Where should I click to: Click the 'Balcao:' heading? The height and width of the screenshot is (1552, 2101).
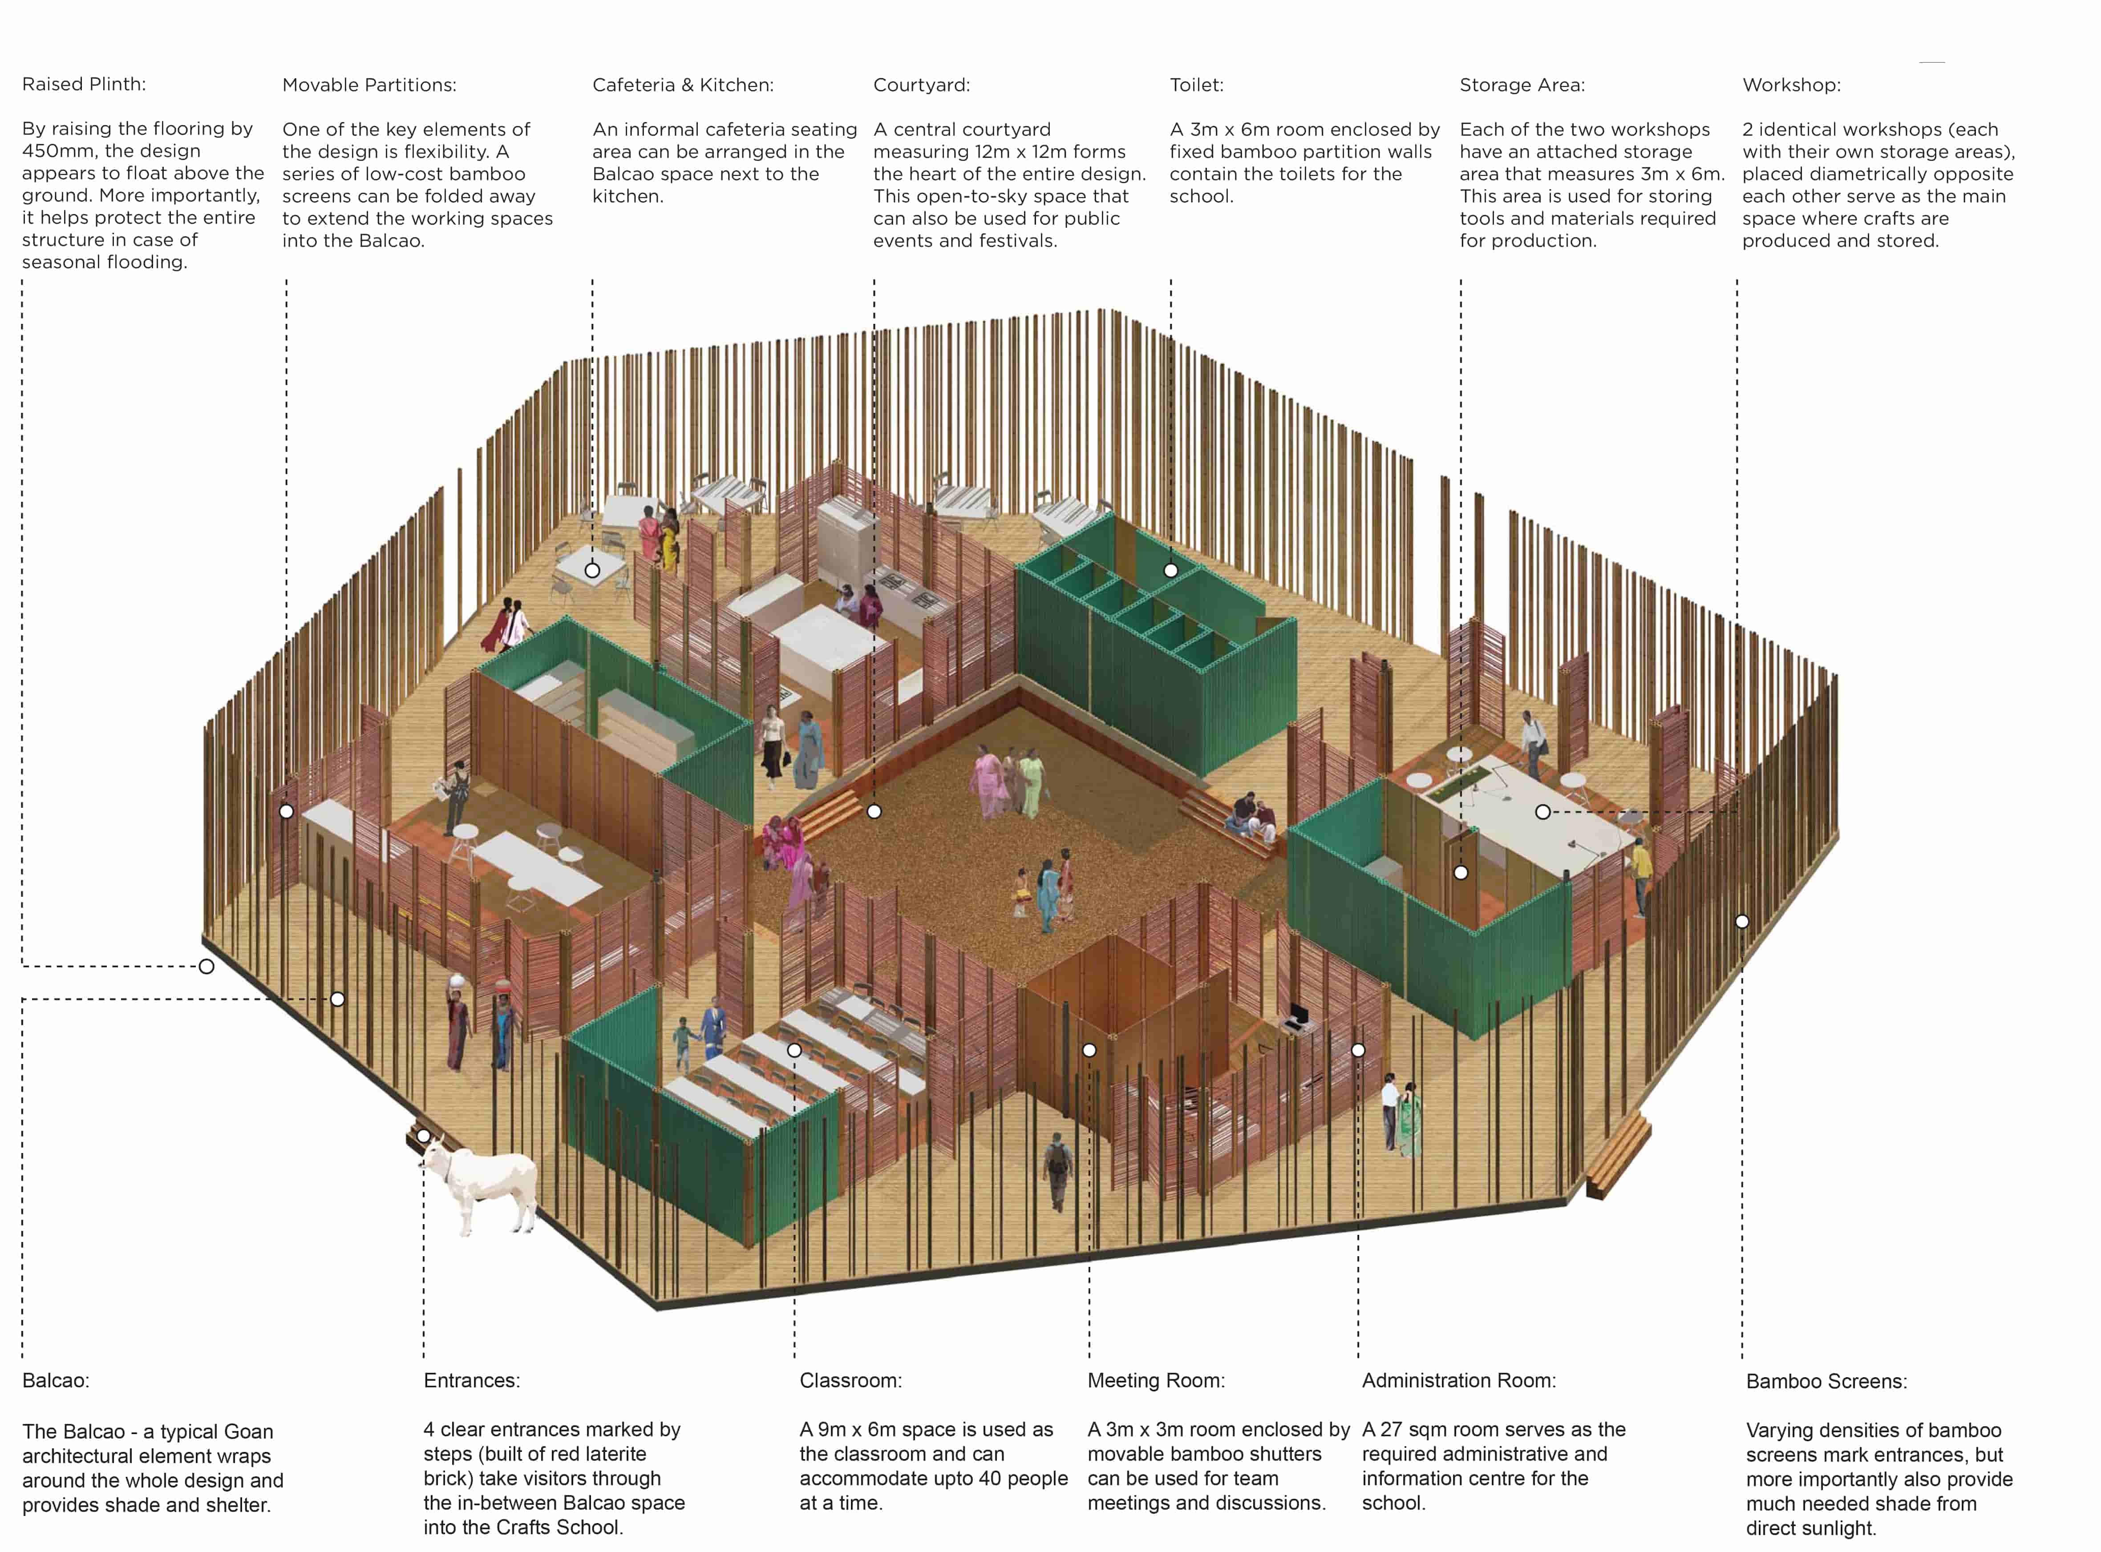[x=56, y=1380]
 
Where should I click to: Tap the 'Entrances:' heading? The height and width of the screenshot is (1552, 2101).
[x=472, y=1380]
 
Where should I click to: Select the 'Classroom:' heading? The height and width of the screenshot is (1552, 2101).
[x=850, y=1380]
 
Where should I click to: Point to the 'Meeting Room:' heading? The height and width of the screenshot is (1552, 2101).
[x=1156, y=1380]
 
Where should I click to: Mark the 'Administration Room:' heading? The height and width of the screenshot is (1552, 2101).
[x=1458, y=1380]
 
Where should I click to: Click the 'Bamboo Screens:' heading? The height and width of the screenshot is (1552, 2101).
[x=1826, y=1381]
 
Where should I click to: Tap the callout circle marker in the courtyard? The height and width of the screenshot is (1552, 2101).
[x=874, y=811]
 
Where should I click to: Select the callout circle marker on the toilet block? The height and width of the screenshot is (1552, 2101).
[x=1171, y=570]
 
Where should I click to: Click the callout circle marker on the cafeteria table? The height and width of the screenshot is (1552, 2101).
[x=592, y=570]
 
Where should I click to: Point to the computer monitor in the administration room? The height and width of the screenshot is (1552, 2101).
[x=1298, y=1014]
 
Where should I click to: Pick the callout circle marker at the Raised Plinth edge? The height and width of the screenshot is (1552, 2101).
[x=206, y=966]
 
